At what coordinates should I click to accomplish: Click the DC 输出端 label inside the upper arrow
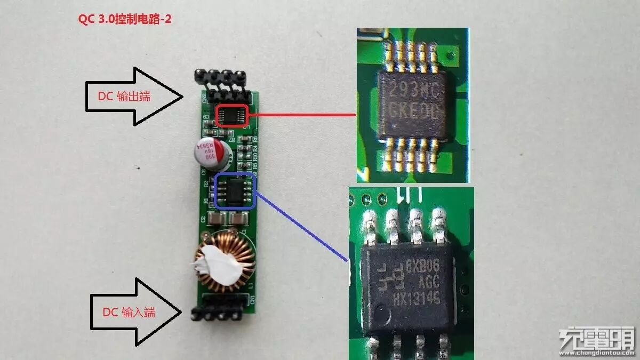tap(124, 97)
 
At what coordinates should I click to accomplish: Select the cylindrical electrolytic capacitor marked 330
tap(205, 152)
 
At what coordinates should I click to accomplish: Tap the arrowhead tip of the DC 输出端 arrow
tap(184, 97)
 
